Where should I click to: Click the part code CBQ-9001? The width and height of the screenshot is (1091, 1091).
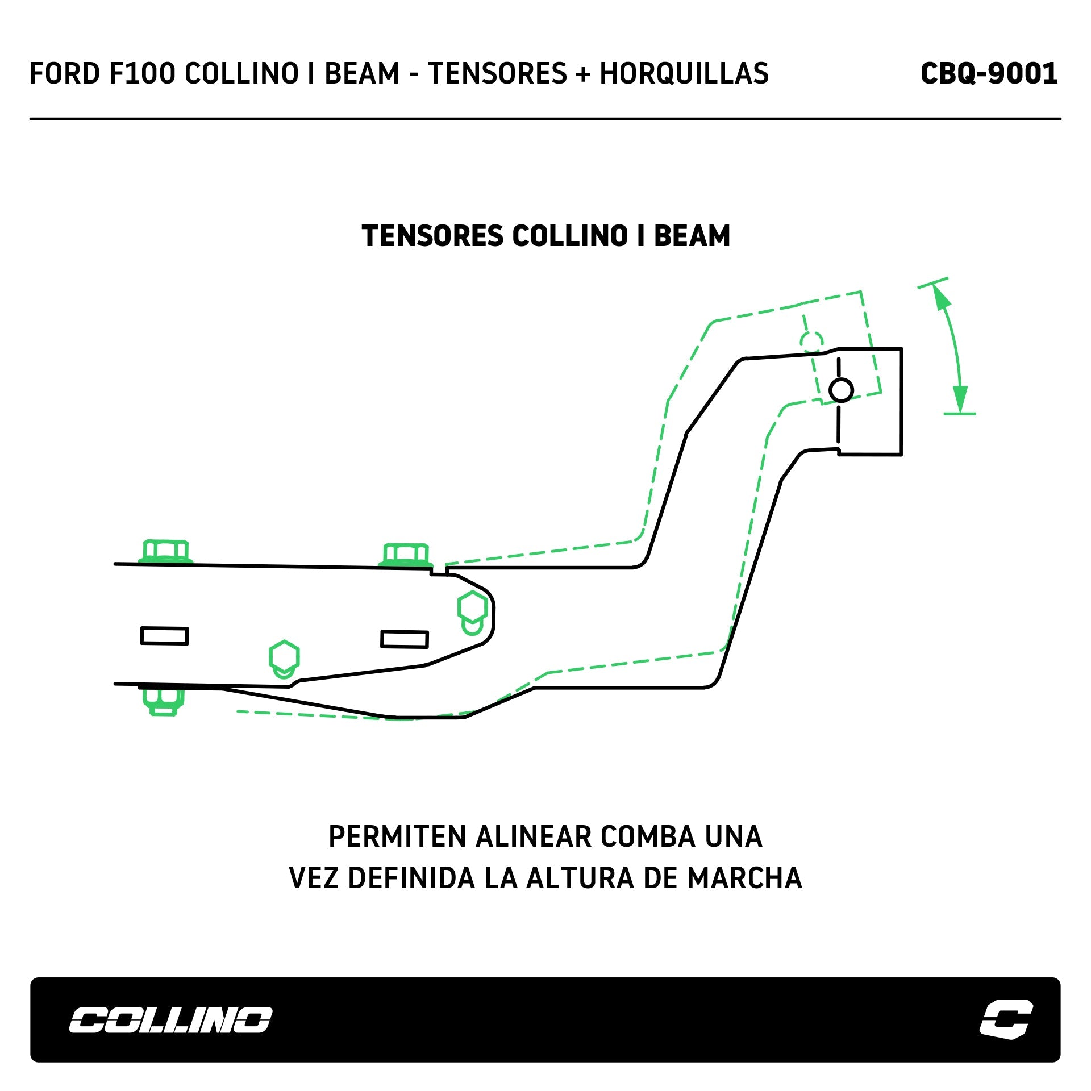(989, 74)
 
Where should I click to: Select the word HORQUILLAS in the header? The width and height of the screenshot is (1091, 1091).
(684, 74)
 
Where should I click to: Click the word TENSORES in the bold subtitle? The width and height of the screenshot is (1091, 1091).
(432, 236)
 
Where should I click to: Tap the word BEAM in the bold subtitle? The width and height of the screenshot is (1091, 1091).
(692, 236)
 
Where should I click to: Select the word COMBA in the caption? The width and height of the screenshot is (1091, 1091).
(648, 837)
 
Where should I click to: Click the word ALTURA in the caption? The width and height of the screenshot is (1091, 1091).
(580, 878)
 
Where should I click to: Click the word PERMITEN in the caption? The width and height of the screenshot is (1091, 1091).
(397, 837)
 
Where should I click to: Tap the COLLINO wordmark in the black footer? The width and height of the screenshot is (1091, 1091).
(170, 1020)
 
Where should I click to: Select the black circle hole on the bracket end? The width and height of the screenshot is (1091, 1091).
(841, 390)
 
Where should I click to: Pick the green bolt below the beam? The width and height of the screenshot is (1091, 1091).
(164, 701)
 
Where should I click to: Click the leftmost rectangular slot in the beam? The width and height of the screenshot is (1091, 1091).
(164, 636)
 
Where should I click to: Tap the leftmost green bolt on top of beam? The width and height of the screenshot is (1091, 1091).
(165, 551)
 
